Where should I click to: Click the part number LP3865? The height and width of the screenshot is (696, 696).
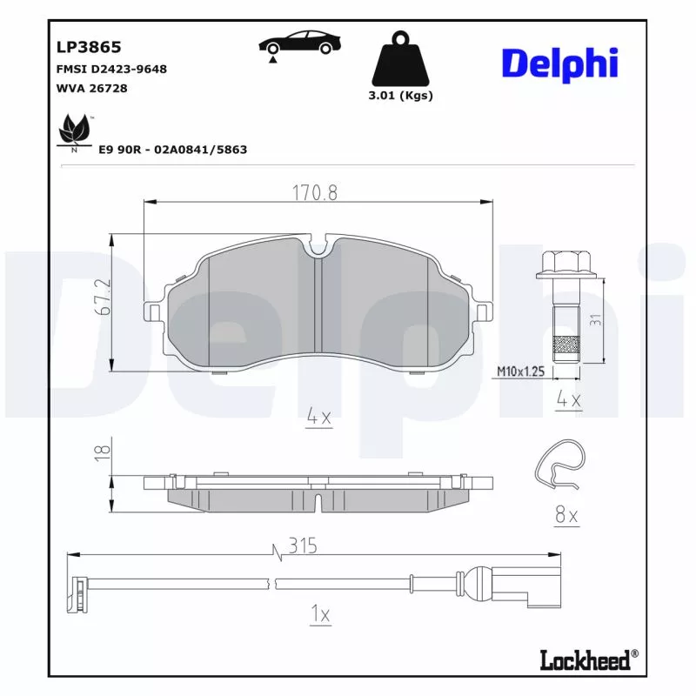pyautogui.click(x=89, y=47)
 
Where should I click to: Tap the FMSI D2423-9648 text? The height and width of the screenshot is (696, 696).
pyautogui.click(x=111, y=70)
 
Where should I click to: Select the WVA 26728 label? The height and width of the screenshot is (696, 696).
pyautogui.click(x=91, y=89)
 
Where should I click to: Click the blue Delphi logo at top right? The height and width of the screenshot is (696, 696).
pyautogui.click(x=559, y=64)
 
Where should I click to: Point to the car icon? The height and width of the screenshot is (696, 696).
pyautogui.click(x=300, y=44)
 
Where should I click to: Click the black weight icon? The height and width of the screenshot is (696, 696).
pyautogui.click(x=401, y=58)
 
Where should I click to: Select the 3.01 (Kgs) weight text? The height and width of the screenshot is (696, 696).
pyautogui.click(x=400, y=96)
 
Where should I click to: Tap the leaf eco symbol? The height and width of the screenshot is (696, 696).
pyautogui.click(x=74, y=130)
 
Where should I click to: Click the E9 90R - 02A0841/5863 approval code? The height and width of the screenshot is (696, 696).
pyautogui.click(x=172, y=150)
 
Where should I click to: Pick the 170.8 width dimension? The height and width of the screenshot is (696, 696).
pyautogui.click(x=315, y=192)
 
